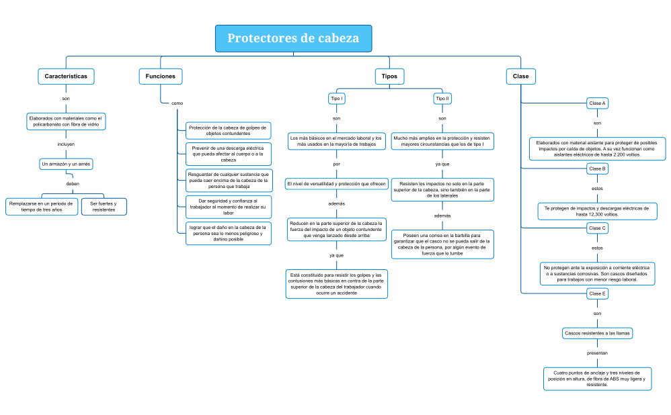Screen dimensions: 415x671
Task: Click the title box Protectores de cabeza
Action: point(293,38)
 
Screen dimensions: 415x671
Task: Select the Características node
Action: point(66,77)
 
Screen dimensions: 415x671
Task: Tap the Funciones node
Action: point(161,77)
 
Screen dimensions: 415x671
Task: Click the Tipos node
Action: point(389,77)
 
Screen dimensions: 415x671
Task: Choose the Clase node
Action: point(520,77)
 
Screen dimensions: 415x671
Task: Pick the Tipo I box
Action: point(337,99)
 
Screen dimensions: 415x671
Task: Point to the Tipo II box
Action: point(442,99)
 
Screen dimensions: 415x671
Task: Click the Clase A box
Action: point(597,103)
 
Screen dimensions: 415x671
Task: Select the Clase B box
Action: point(597,169)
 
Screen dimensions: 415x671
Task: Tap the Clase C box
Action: point(597,228)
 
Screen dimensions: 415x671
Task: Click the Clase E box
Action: point(597,293)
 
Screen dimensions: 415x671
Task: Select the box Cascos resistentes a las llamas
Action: point(597,333)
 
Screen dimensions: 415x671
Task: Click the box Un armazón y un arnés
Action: point(67,164)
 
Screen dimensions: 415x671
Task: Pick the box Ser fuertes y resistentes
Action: point(104,206)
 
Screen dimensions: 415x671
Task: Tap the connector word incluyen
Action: point(66,144)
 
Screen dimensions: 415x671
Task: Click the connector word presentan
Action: point(597,353)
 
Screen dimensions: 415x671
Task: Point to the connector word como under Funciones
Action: point(177,103)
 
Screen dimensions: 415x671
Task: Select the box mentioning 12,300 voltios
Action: point(597,212)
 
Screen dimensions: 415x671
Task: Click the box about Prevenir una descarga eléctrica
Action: point(228,154)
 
